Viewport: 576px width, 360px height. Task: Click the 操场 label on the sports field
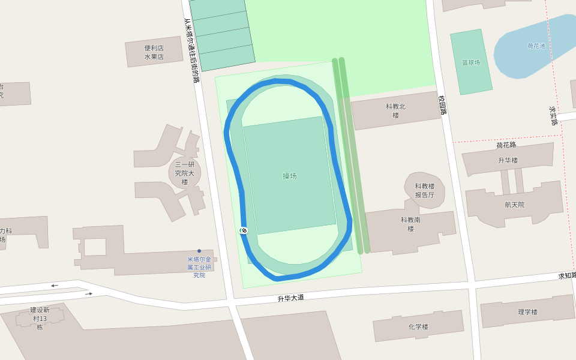pyautogui.click(x=290, y=176)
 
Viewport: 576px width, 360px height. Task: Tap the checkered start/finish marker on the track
pyautogui.click(x=244, y=230)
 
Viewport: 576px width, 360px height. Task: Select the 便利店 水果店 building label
pyautogui.click(x=154, y=53)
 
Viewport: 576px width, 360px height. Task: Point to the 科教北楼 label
pyautogui.click(x=396, y=110)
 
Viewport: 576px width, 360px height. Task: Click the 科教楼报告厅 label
pyautogui.click(x=424, y=191)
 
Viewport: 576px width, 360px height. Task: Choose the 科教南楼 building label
pyautogui.click(x=411, y=224)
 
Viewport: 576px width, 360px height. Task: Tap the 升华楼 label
pyautogui.click(x=508, y=160)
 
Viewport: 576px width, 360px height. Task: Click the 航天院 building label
pyautogui.click(x=514, y=205)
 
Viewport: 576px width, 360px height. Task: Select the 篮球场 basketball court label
pyautogui.click(x=471, y=62)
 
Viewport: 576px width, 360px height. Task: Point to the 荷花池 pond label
pyautogui.click(x=536, y=46)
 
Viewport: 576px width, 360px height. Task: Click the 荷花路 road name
pyautogui.click(x=506, y=145)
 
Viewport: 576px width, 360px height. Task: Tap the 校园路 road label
pyautogui.click(x=443, y=106)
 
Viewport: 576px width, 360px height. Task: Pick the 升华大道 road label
pyautogui.click(x=291, y=298)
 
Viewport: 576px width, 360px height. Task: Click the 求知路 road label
pyautogui.click(x=566, y=275)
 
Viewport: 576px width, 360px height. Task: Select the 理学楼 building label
pyautogui.click(x=528, y=312)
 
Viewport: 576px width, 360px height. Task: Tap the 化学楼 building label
pyautogui.click(x=418, y=327)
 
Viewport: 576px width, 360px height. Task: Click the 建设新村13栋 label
pyautogui.click(x=40, y=319)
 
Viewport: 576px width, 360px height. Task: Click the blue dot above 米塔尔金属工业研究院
pyautogui.click(x=199, y=251)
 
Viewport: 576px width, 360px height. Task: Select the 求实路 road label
pyautogui.click(x=553, y=116)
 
